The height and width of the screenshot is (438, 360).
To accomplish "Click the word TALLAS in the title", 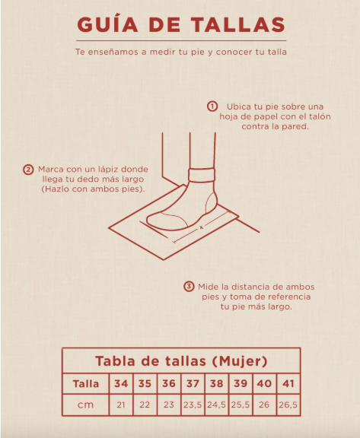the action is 238,24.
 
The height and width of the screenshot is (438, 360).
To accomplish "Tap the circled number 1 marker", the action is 212,106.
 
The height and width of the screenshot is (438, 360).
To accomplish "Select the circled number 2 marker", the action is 28,170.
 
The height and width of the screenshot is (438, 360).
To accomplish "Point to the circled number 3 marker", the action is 189,287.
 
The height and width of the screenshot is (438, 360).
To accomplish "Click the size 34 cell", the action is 121,383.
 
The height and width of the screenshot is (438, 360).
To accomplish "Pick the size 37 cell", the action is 193,383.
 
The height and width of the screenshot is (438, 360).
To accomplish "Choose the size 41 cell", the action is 288,383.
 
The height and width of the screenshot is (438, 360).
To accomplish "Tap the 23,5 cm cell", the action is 193,405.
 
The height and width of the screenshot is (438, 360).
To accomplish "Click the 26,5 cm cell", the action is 288,405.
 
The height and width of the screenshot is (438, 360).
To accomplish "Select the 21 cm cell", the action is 121,405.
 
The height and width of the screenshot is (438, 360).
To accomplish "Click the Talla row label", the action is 86,384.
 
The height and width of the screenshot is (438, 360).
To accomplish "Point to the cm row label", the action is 85,405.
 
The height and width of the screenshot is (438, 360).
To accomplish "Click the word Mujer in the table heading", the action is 240,361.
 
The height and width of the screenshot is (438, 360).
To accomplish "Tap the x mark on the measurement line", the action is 201,227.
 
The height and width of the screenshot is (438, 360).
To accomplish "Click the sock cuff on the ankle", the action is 202,175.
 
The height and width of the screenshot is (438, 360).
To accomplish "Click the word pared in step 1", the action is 297,126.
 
